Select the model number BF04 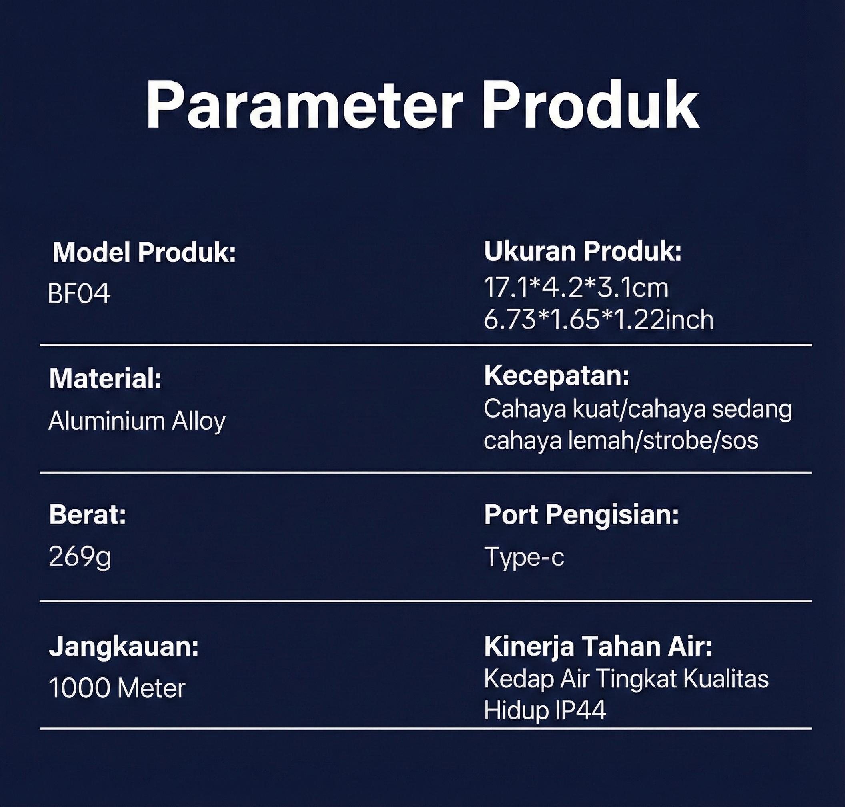click(x=79, y=295)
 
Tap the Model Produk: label click(x=144, y=253)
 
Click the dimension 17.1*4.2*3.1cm click(x=576, y=288)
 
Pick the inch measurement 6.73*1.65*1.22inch click(x=598, y=320)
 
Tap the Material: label click(x=105, y=379)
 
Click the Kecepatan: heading click(x=557, y=376)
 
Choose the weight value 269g click(x=80, y=557)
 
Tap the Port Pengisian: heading click(x=581, y=514)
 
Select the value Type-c click(x=523, y=558)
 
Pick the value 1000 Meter click(x=116, y=688)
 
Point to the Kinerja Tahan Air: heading click(x=598, y=647)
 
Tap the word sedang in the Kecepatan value click(x=752, y=409)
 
